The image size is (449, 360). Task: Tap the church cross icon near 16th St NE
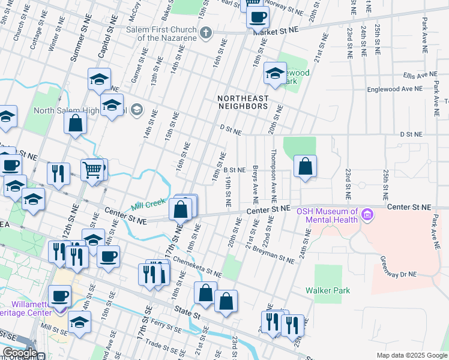pos(206,32)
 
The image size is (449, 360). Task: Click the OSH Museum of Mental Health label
pos(331,215)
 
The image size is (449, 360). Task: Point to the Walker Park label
pos(327,290)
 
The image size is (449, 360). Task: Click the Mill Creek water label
pos(148,203)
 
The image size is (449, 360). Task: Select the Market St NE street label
pos(276,30)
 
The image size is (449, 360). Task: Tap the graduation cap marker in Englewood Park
pos(275,74)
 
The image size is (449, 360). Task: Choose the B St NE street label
pos(234,170)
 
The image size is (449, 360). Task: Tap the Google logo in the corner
pos(19,353)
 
